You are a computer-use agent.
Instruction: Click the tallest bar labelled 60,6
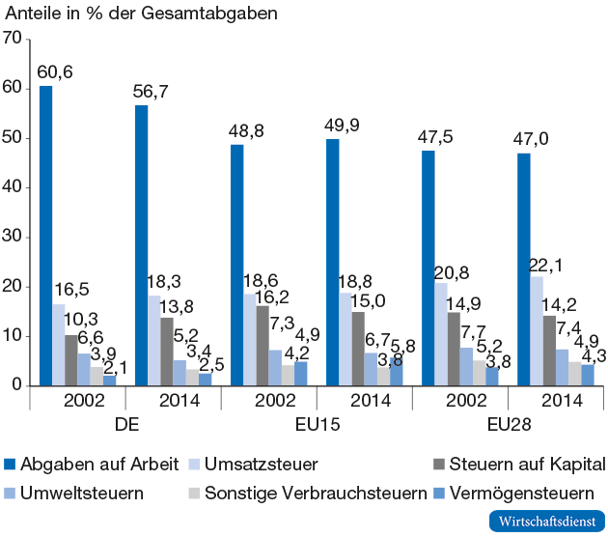(45, 236)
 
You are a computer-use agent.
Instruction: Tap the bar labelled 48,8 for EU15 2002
(236, 265)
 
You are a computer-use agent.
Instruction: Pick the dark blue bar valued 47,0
(523, 269)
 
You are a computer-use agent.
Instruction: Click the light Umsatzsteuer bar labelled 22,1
(536, 330)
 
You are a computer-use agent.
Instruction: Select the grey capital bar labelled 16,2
(263, 345)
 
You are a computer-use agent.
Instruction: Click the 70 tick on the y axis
(12, 39)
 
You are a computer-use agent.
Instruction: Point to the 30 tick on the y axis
(12, 237)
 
